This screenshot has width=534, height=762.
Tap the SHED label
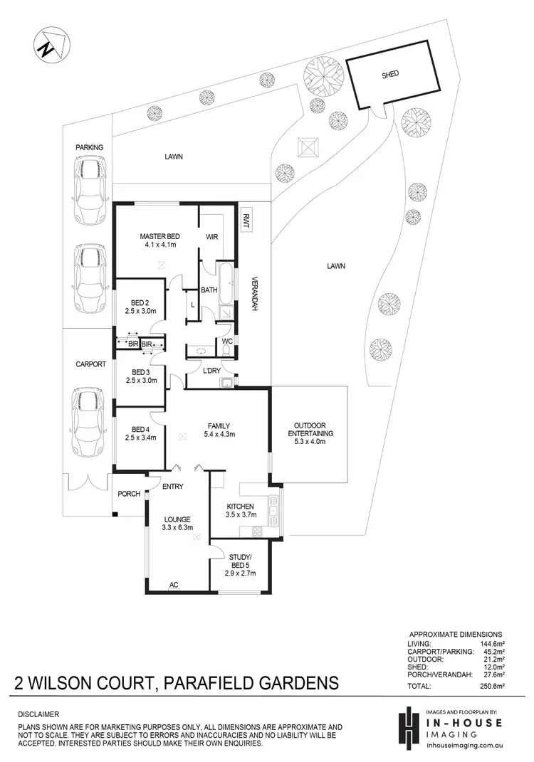[390, 74]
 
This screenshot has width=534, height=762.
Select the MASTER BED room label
[159, 236]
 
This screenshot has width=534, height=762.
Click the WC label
[227, 341]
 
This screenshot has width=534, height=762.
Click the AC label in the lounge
[173, 586]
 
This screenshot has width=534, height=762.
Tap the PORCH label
[129, 494]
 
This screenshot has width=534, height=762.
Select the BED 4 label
[140, 429]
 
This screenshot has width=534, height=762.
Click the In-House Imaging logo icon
[407, 726]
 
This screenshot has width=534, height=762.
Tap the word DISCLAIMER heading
[39, 714]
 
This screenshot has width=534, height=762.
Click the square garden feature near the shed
[308, 147]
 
